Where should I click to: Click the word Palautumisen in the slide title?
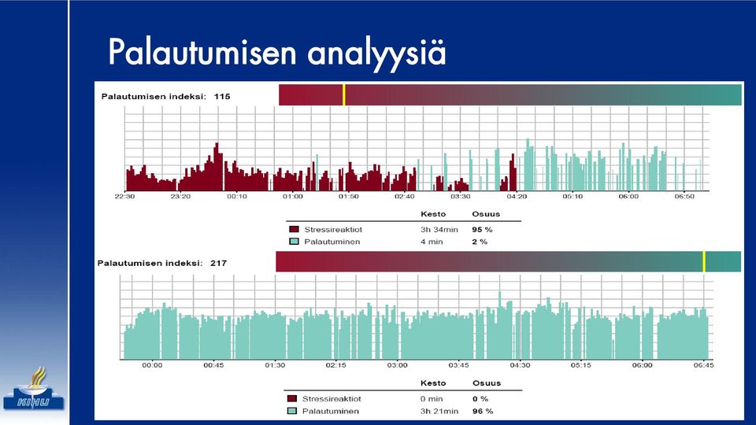202,52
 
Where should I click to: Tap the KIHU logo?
34,389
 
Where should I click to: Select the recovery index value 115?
222,96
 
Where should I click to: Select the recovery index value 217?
218,263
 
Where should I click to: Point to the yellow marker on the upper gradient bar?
344,95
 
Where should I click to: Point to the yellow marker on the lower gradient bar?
704,261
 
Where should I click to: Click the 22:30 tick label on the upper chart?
124,197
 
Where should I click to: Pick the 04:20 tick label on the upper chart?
517,197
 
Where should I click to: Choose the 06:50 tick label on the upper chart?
684,197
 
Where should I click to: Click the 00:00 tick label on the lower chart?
152,365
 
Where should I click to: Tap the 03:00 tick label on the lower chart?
397,365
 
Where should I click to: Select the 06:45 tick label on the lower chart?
703,365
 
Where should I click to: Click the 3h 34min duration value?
439,230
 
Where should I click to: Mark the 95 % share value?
482,230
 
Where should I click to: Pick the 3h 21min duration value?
439,411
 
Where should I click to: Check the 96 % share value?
483,411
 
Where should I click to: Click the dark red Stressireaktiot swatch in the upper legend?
294,229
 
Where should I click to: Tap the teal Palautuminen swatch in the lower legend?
291,411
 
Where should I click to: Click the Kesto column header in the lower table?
433,383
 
